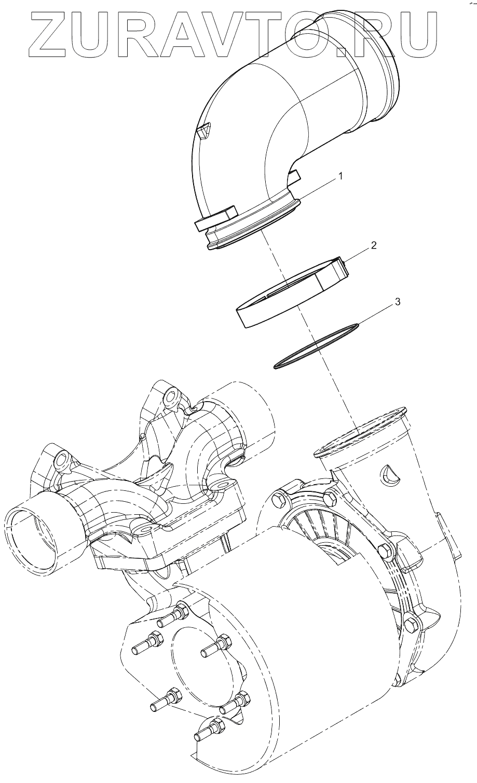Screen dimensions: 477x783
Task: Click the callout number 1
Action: point(340,176)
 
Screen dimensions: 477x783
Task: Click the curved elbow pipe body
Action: point(244,130)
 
